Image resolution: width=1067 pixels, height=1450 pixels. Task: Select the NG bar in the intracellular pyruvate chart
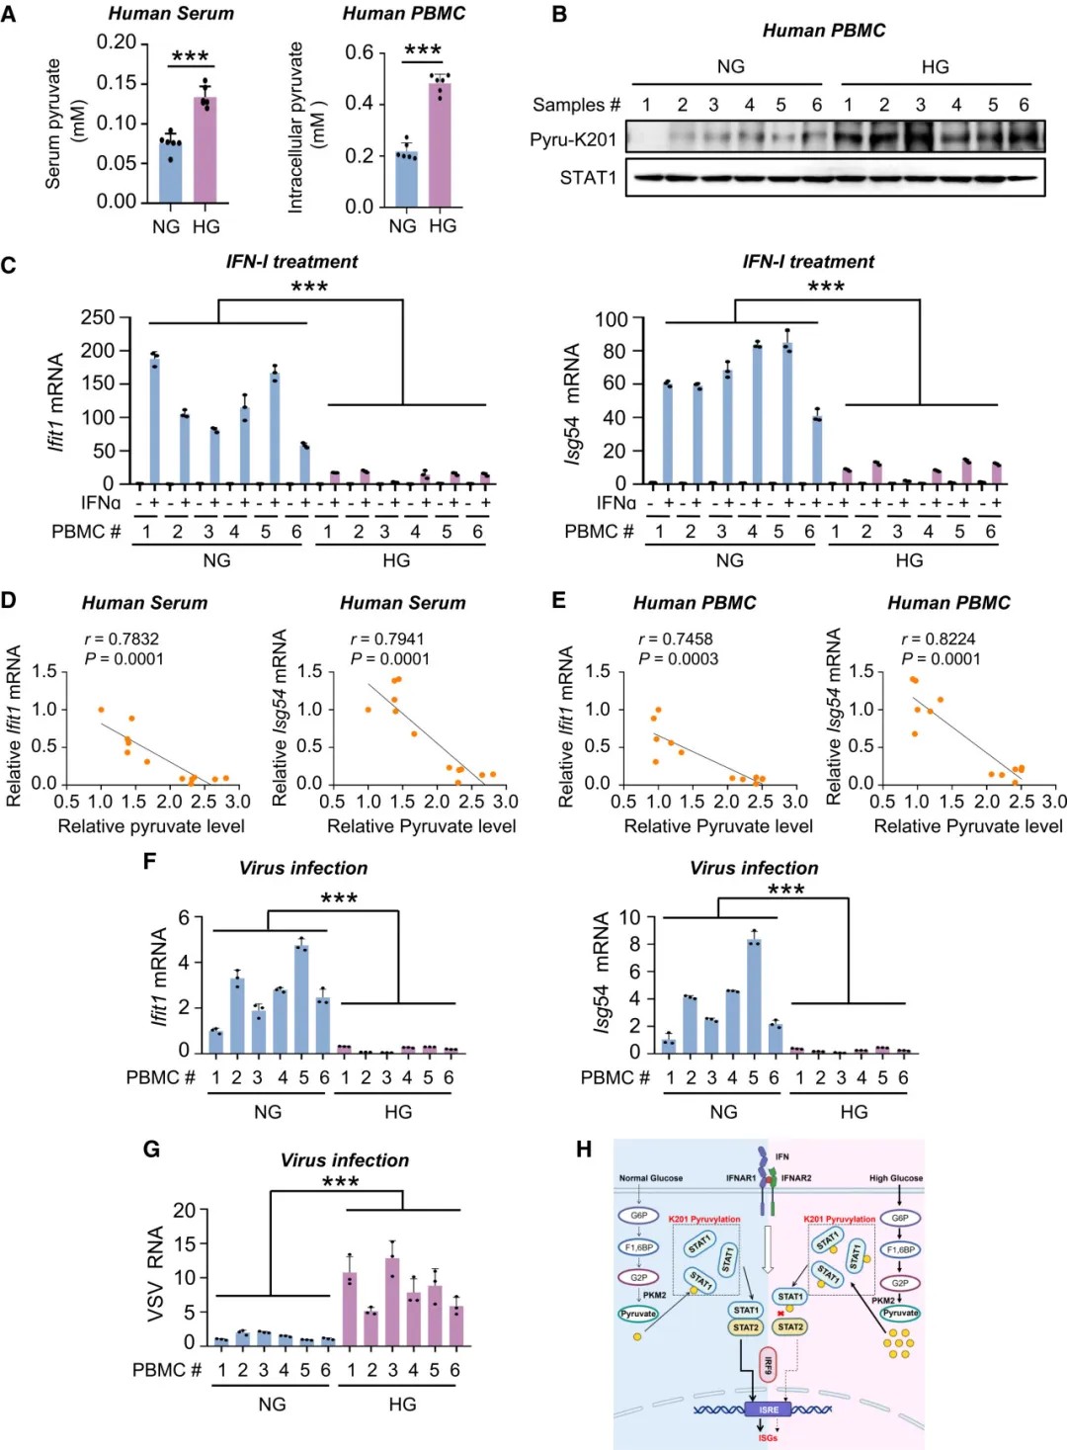point(406,180)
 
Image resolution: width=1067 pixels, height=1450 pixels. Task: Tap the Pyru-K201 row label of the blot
point(573,139)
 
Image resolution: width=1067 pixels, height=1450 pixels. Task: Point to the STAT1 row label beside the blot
point(588,178)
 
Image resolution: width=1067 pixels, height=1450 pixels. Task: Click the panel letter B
point(559,15)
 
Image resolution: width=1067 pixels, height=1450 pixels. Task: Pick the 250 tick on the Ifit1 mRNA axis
point(98,317)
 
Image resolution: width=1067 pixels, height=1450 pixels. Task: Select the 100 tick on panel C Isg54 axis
point(612,319)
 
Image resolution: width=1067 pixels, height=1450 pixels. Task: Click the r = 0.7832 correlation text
point(122,640)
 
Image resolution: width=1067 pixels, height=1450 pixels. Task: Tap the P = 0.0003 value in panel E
point(678,659)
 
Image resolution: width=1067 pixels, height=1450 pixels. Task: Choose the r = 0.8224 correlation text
point(941,640)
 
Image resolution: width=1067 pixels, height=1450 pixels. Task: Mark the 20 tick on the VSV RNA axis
point(185,1210)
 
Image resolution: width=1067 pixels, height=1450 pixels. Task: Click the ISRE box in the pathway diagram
point(768,1409)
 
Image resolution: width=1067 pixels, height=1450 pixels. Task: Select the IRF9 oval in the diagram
point(768,1366)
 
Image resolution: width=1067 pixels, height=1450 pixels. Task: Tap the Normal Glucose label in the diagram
point(650,1178)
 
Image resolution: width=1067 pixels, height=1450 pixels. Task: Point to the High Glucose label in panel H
point(896,1178)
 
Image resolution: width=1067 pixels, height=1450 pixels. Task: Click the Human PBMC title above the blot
point(824,31)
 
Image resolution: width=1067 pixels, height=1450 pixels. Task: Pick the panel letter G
point(151,1149)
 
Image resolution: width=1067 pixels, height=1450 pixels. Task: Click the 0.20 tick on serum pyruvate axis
point(117,42)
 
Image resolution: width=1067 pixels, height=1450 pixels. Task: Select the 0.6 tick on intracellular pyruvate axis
point(360,51)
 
